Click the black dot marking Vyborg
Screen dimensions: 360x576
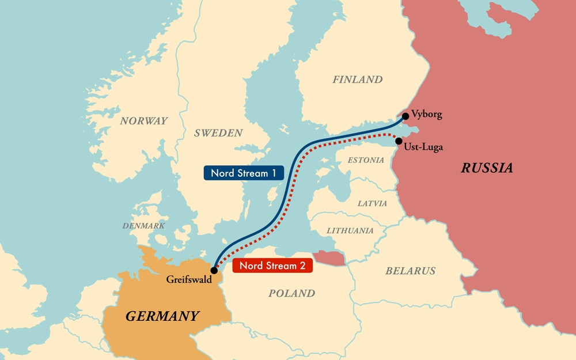point(406,116)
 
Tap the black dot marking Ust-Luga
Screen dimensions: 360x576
point(399,141)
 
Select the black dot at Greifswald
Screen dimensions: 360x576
point(214,270)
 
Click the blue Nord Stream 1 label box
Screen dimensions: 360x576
point(244,173)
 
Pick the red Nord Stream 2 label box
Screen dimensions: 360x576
point(272,266)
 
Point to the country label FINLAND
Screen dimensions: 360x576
point(357,79)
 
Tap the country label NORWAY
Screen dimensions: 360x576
point(144,121)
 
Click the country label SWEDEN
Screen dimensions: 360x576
point(218,133)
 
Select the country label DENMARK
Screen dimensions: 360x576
point(144,226)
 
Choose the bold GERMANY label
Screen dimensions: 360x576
point(162,316)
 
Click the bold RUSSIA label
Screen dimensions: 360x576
point(487,168)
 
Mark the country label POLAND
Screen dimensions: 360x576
point(292,293)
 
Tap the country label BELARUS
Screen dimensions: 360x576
point(410,271)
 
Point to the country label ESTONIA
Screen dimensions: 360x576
point(366,160)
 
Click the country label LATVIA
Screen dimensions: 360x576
point(372,204)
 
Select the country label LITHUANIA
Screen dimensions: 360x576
point(350,230)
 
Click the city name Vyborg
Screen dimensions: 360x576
point(427,115)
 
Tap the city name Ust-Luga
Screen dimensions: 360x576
point(424,147)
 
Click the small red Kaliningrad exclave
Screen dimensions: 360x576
point(329,257)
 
